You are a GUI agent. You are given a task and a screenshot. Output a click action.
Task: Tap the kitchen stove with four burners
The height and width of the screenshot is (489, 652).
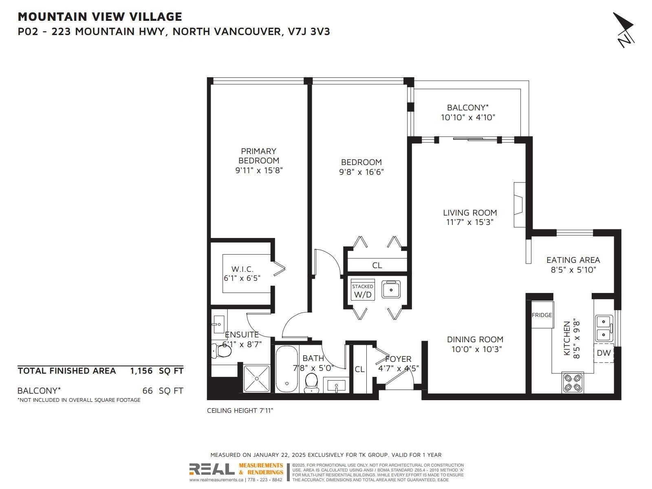(x=573, y=383)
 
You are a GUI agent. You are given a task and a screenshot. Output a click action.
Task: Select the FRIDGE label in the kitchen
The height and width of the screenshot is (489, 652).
(x=542, y=315)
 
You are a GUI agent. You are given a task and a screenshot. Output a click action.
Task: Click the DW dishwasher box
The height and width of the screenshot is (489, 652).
(x=604, y=353)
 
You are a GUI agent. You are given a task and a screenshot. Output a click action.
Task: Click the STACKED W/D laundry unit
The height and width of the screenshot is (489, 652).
(x=362, y=289)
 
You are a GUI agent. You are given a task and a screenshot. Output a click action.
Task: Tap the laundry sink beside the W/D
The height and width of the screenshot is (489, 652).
(x=391, y=289)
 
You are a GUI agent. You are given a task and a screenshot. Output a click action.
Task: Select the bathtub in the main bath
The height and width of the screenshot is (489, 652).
(x=286, y=369)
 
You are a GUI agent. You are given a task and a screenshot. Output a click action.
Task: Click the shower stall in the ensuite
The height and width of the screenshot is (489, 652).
(x=257, y=379)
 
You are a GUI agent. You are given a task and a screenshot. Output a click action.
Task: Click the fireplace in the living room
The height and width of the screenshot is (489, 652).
(x=520, y=205)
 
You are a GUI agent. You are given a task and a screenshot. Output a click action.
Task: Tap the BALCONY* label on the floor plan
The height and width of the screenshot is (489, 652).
(x=468, y=108)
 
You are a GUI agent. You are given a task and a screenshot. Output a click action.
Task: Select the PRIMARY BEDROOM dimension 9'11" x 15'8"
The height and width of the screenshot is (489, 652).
(x=259, y=170)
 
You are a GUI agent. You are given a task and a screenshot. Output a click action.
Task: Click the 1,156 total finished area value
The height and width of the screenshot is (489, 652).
(x=141, y=371)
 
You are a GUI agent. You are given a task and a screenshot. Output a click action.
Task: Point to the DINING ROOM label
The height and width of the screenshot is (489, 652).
(x=475, y=339)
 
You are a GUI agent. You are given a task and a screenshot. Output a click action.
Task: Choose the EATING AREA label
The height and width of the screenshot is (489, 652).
(x=573, y=260)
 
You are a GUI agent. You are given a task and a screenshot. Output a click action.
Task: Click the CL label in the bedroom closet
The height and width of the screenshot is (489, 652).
(x=377, y=265)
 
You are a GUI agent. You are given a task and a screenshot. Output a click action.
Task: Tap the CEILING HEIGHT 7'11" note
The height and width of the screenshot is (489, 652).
(x=240, y=410)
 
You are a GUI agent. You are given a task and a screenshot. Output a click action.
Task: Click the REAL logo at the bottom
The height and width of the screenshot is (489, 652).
(x=212, y=469)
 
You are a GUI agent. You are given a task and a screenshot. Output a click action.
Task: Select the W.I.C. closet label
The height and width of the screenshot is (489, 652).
(x=242, y=269)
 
